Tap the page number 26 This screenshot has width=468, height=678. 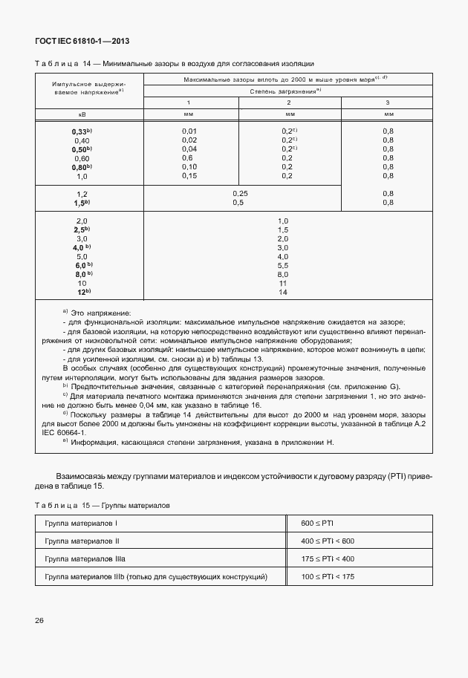pyautogui.click(x=38, y=620)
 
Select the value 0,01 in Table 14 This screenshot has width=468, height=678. pyautogui.click(x=189, y=131)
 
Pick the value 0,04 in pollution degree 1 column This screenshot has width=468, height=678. pyautogui.click(x=189, y=149)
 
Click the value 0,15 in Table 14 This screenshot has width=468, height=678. pyautogui.click(x=189, y=176)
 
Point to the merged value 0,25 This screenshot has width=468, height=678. pyautogui.click(x=239, y=193)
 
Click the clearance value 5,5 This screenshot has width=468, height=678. pyautogui.click(x=282, y=265)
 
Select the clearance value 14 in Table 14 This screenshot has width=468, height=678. pyautogui.click(x=282, y=293)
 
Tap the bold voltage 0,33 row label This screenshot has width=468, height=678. pyautogui.click(x=81, y=131)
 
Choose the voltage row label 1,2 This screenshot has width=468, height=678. pyautogui.click(x=82, y=193)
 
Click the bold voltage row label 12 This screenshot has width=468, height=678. pyautogui.click(x=82, y=293)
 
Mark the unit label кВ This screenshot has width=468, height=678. pyautogui.click(x=82, y=114)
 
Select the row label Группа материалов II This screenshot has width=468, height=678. pyautogui.click(x=77, y=541)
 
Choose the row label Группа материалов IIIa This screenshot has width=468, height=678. pyautogui.click(x=79, y=558)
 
